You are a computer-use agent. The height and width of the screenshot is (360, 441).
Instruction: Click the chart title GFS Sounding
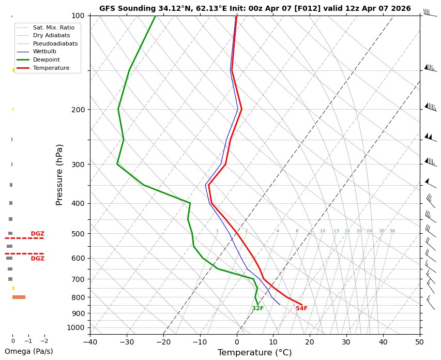[x=255, y=8]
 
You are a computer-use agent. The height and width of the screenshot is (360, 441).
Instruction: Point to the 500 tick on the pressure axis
[x=78, y=234]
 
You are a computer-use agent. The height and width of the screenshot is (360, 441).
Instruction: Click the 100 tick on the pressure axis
[x=78, y=16]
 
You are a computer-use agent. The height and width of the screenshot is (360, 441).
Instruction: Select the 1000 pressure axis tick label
[x=76, y=327]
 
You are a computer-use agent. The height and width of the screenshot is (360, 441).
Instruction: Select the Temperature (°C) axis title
[x=254, y=353]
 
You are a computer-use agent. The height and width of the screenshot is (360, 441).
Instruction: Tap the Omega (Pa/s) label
[x=28, y=352]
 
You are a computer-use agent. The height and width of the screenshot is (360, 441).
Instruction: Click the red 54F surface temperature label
[x=301, y=309]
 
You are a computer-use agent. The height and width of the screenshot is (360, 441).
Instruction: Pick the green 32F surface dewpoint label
[x=257, y=309]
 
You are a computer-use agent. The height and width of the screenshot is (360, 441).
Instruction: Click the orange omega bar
[x=19, y=297]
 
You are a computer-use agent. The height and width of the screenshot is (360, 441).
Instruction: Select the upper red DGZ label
[x=37, y=234]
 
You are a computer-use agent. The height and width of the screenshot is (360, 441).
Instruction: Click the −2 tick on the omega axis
[x=44, y=341]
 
